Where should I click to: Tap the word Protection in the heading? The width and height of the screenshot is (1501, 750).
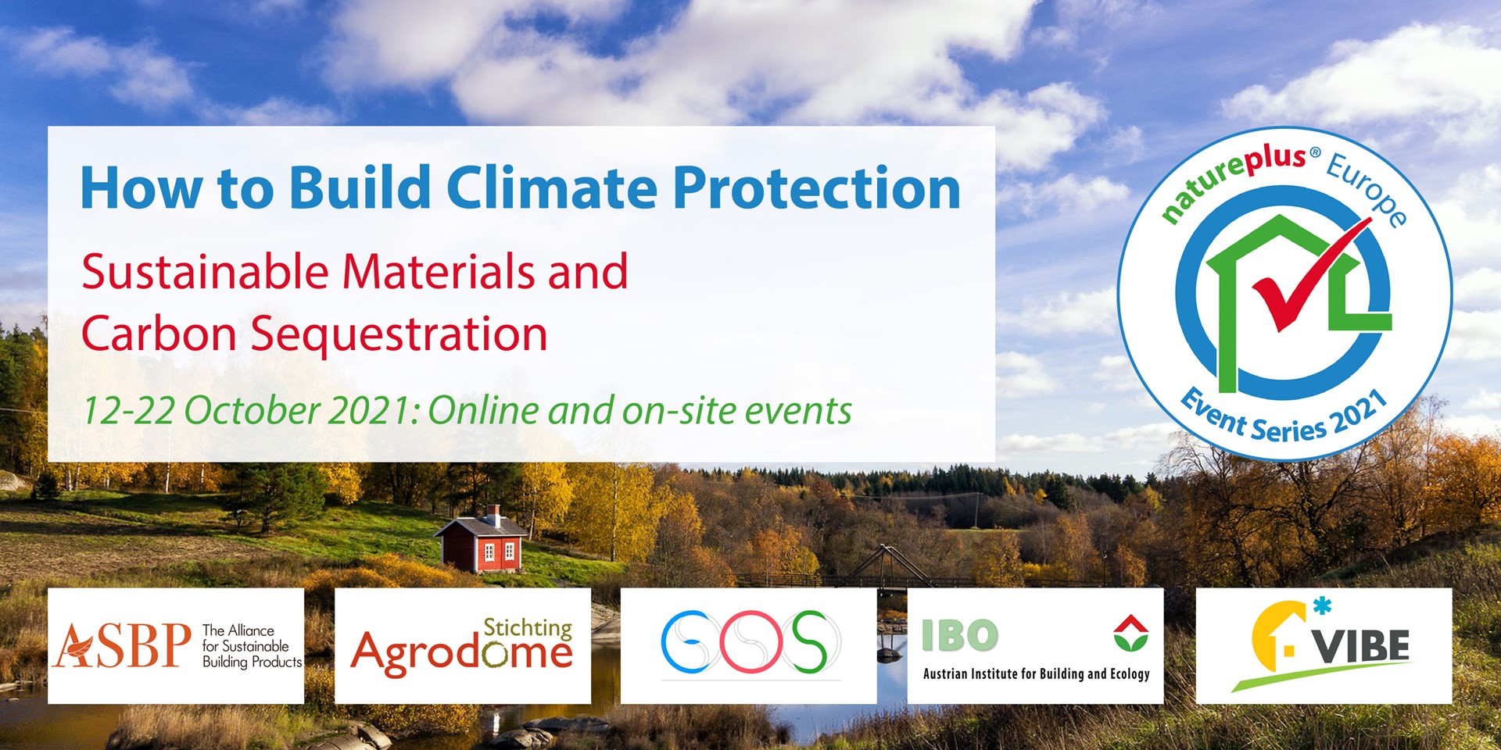[x=816, y=188]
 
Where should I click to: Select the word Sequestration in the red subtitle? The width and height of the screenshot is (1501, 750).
[x=399, y=335]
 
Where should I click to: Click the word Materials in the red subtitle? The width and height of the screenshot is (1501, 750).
[x=439, y=272]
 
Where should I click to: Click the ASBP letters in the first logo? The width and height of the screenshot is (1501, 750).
[x=123, y=645]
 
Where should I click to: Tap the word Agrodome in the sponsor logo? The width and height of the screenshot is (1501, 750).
[x=461, y=653]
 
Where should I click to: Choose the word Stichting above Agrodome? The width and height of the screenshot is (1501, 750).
[x=528, y=628]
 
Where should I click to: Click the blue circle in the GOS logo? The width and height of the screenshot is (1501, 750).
[x=688, y=642]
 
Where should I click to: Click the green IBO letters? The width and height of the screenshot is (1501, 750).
[x=959, y=635]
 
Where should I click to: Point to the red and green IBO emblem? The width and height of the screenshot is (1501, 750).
[x=1130, y=633]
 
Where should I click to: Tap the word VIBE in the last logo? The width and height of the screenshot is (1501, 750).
[x=1361, y=646]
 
